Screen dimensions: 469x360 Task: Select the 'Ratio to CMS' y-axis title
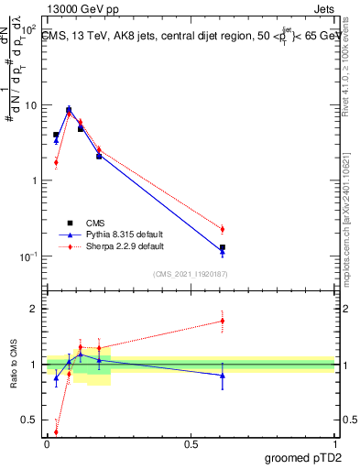click(16, 366)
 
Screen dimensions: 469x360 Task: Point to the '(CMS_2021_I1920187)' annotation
click(191, 273)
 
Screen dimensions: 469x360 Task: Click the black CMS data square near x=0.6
click(223, 247)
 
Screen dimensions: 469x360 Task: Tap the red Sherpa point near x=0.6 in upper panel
click(223, 229)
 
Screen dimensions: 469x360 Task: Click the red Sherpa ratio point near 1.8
click(223, 321)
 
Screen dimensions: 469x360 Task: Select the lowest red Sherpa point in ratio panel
click(56, 432)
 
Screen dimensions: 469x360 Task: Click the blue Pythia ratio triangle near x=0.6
click(223, 376)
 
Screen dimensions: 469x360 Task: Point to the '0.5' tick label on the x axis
click(191, 444)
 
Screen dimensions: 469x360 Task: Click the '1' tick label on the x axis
click(335, 444)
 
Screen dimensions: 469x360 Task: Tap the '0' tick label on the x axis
click(47, 444)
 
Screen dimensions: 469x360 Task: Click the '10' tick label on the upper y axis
click(30, 105)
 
